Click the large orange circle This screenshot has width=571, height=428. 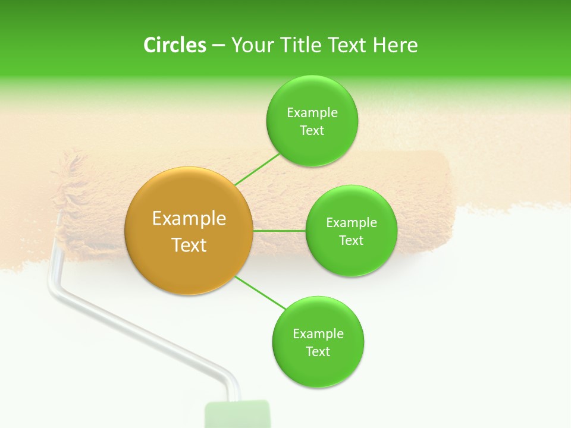[x=189, y=231]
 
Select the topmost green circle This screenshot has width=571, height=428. [x=312, y=121]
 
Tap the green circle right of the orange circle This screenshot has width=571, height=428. [x=351, y=231]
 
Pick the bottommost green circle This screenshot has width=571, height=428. [x=318, y=342]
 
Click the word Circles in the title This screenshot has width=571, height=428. [x=175, y=45]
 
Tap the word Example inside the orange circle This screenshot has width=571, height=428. [x=189, y=219]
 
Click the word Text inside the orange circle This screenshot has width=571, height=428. [x=189, y=245]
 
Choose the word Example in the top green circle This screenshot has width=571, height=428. [x=312, y=113]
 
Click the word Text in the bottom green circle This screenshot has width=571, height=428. [x=318, y=351]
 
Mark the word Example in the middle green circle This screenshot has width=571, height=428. [x=352, y=223]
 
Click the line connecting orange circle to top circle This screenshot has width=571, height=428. [x=257, y=169]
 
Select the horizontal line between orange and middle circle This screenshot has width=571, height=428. [x=279, y=231]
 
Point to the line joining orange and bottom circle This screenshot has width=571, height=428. [x=261, y=293]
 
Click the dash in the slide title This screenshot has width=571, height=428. [x=218, y=46]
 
